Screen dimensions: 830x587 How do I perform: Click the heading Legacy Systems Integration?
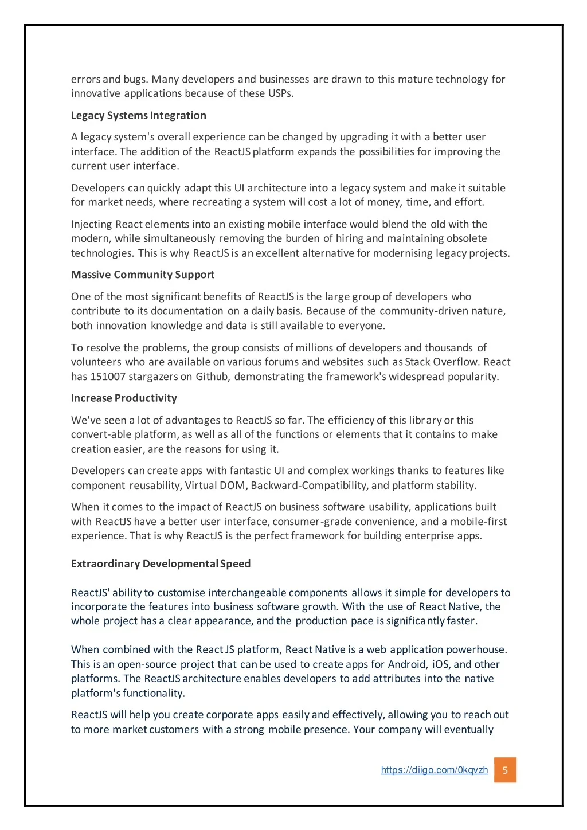tap(138, 115)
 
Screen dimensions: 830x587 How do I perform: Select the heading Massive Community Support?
tap(143, 275)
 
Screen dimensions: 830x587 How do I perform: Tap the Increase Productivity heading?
tap(124, 398)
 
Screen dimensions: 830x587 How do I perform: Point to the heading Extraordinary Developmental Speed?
tap(161, 563)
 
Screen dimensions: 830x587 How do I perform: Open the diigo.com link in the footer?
tap(434, 770)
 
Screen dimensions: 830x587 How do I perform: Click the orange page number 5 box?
tap(505, 770)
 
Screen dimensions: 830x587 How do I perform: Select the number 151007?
tap(108, 377)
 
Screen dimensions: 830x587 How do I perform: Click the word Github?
tap(212, 377)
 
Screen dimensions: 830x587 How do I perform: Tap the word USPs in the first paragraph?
tap(280, 93)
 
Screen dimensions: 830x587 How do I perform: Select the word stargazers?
tap(153, 377)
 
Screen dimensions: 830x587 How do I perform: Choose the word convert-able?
tap(101, 434)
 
